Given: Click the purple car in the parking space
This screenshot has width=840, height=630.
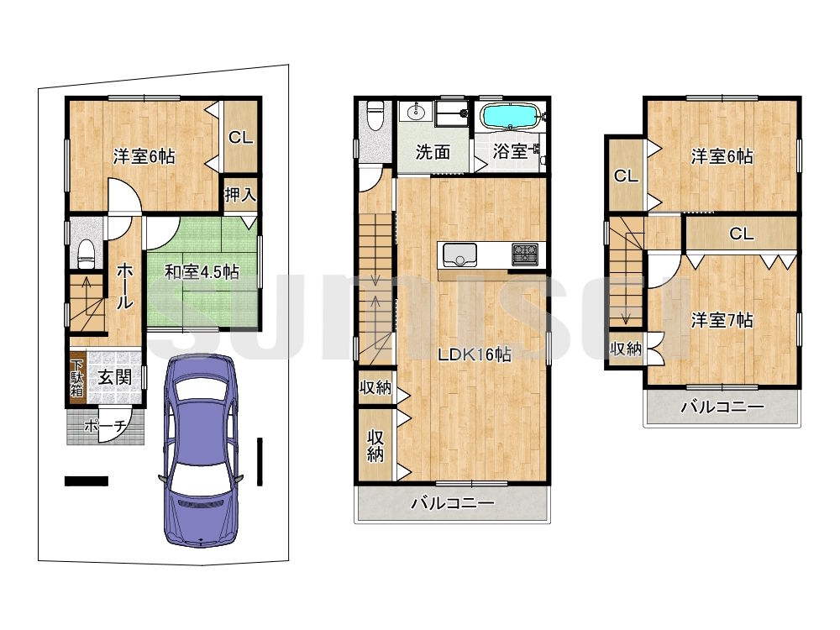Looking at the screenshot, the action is click(200, 450).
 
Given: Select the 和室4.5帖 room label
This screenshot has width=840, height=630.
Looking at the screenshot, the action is click(202, 272).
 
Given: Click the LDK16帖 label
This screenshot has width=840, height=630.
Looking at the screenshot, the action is click(474, 354).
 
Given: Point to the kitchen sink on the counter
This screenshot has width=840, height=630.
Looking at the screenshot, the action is click(459, 255).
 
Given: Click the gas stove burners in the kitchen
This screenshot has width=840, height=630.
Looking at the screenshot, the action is click(526, 254).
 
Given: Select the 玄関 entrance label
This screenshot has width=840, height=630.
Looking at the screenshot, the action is click(114, 377).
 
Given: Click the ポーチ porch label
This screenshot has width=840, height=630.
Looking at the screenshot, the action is click(106, 426).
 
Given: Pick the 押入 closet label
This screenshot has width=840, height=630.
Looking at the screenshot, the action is click(240, 195).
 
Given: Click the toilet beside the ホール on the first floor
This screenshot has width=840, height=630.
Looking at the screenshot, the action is click(87, 254).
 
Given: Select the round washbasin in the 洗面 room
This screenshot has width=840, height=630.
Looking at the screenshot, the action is click(416, 113).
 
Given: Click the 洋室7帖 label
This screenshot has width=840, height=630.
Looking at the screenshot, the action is click(722, 320).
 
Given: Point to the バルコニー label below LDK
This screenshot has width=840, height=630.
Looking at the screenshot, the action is click(453, 503).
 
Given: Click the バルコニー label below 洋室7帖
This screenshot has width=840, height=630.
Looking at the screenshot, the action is click(722, 407).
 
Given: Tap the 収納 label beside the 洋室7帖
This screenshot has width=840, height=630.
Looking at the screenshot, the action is click(626, 349).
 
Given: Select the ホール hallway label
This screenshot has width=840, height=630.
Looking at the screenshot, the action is click(124, 286).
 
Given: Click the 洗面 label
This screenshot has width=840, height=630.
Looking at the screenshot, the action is click(433, 152).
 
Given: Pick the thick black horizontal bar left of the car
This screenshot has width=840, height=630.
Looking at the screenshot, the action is click(87, 481).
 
